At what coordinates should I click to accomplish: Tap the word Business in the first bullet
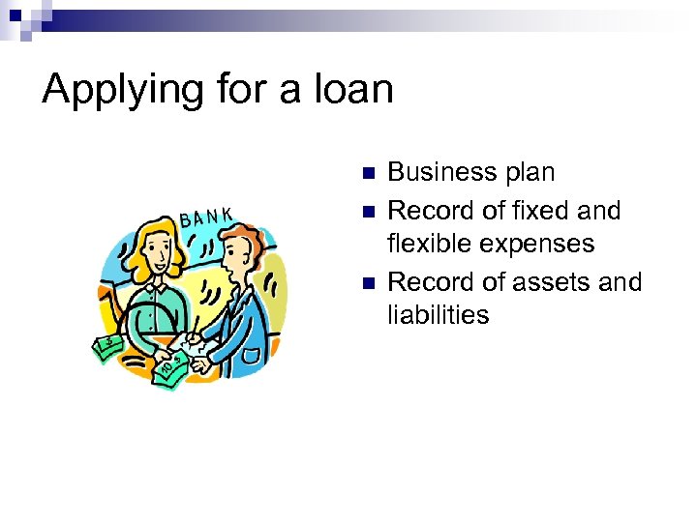tap(441, 173)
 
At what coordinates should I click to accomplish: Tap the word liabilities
tap(439, 315)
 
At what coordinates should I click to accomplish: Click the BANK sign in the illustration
tap(206, 216)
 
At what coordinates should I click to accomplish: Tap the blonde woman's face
tap(155, 260)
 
